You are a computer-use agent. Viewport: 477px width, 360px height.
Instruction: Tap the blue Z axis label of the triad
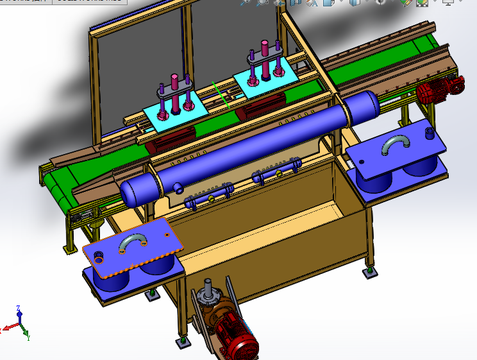coord(19,309)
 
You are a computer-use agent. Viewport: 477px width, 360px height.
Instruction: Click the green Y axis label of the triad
coord(29,337)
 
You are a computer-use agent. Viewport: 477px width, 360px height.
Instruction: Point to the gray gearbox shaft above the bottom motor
coord(208,295)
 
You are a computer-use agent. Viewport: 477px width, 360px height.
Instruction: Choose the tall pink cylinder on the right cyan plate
coord(265,58)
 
